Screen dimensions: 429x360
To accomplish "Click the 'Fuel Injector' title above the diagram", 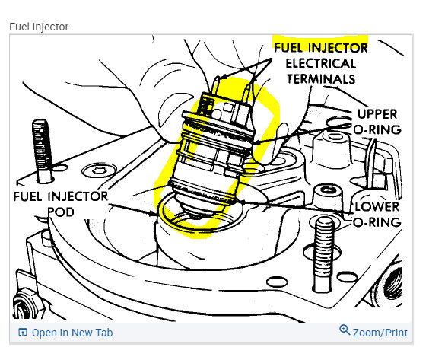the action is [x=39, y=27].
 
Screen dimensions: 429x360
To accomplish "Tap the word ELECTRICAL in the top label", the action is [x=321, y=63].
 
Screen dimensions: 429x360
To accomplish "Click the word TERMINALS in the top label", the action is [x=321, y=79].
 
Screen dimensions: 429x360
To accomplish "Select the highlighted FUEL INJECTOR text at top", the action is [x=321, y=47].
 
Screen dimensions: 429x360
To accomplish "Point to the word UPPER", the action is [x=377, y=114].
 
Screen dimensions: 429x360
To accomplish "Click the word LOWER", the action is [x=377, y=207].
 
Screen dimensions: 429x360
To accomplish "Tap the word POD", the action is [x=61, y=212].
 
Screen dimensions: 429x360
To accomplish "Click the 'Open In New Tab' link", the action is [x=72, y=333].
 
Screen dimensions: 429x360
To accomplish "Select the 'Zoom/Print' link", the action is [x=380, y=333].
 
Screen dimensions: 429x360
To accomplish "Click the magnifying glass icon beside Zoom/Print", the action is [x=345, y=330].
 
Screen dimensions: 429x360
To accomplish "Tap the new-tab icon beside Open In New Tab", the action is [x=22, y=333].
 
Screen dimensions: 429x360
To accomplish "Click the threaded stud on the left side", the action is [x=43, y=151].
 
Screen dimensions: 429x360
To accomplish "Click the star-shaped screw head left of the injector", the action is [x=99, y=170].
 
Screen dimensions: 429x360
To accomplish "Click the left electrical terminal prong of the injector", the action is [x=215, y=85].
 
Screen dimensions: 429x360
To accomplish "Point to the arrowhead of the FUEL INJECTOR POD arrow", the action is [x=152, y=213].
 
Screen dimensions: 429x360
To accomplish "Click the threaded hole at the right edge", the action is [x=393, y=285].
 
